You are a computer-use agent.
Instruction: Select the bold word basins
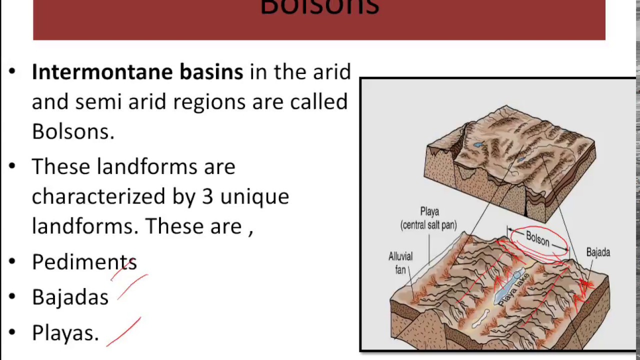pos(211,72)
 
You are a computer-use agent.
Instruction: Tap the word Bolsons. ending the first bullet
pos(73,131)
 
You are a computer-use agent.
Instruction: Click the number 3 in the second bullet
pos(207,196)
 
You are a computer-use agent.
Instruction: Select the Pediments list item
pos(84,262)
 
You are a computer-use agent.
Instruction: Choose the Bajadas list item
pos(70,297)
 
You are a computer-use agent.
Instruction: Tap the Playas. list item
pos(65,333)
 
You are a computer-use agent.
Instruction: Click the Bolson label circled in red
pos(537,239)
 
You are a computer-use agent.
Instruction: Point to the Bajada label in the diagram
pos(598,252)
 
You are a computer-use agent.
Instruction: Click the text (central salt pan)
pos(429,225)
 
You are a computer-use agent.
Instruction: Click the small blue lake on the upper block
pos(478,145)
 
